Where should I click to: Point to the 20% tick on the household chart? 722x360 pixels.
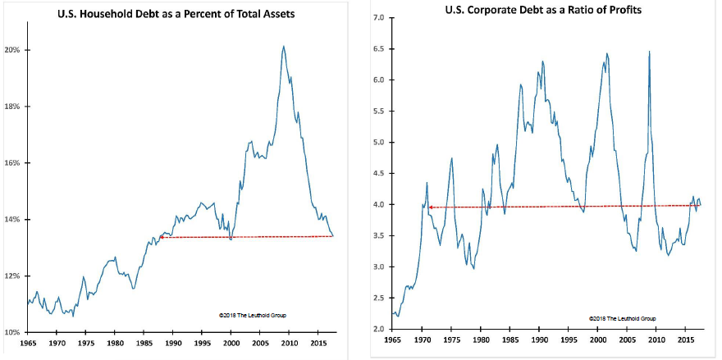point(15,50)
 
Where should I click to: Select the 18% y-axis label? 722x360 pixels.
point(15,107)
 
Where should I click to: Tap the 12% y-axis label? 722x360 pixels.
point(15,276)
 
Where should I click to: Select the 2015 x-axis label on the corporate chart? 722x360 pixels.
point(683,339)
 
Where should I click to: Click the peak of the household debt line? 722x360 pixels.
point(283,46)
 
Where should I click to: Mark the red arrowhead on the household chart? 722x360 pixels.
point(161,237)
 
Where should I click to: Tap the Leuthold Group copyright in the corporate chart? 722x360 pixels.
point(622,318)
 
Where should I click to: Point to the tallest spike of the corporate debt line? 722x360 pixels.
point(650,52)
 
